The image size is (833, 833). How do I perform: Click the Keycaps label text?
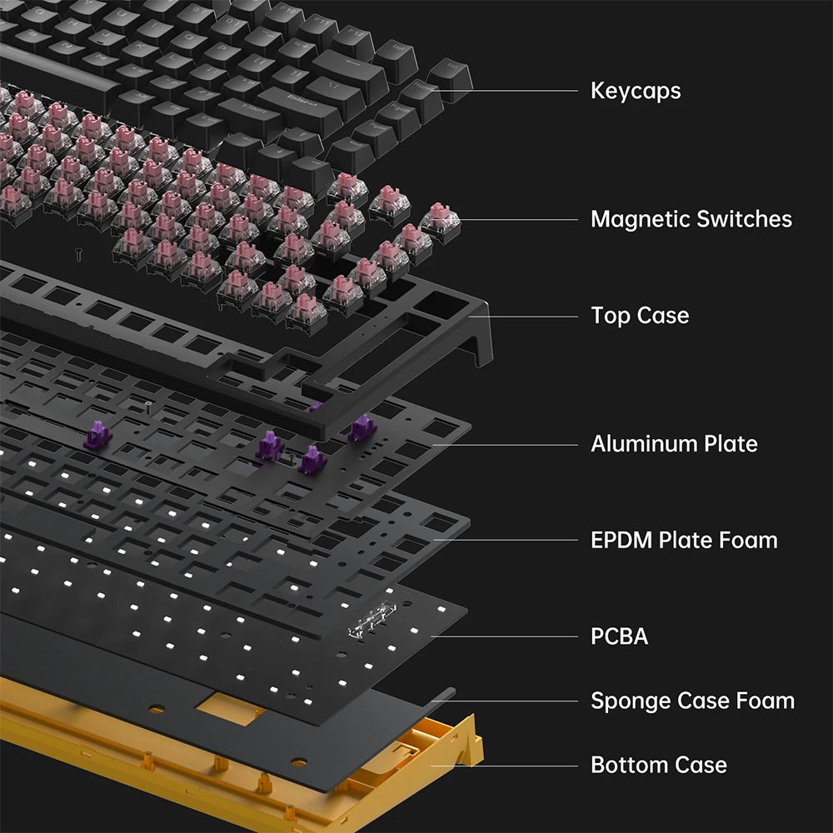636,92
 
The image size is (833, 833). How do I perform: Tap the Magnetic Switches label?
691,219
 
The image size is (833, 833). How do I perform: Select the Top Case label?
640,316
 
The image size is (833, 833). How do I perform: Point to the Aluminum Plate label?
674,444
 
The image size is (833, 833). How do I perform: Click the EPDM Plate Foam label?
684,540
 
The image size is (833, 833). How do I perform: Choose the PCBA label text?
620,636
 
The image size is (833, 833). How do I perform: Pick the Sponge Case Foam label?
693,701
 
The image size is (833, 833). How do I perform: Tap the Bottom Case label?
659,765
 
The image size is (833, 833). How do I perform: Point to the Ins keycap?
451,74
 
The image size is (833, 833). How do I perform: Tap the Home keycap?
422,96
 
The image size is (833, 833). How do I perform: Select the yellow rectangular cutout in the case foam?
231,709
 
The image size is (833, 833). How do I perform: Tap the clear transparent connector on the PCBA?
372,620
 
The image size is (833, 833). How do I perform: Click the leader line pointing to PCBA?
504,636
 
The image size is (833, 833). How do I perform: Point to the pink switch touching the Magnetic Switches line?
441,222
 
